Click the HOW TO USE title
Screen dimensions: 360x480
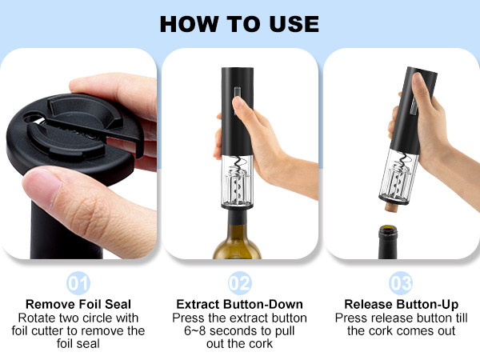239,22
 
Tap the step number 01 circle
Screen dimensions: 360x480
78,283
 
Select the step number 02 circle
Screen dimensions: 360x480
239,283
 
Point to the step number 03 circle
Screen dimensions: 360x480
400,283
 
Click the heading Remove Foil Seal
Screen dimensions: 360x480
78,304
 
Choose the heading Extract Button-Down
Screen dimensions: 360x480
239,304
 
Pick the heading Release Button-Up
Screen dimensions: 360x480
400,304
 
